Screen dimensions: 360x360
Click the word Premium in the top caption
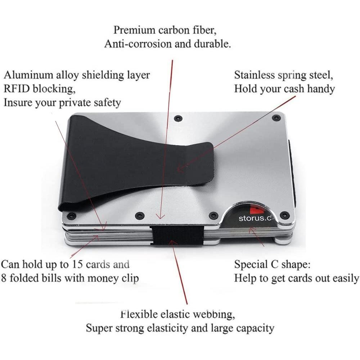tap(134, 30)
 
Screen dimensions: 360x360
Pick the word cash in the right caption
tap(294, 89)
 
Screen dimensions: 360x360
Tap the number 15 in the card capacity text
tap(77, 264)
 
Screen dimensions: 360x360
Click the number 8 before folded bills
tap(4, 278)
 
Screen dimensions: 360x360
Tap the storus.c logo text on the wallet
tap(255, 218)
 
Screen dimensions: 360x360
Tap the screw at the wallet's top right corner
tap(276, 118)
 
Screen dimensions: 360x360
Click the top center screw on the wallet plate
tap(177, 118)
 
